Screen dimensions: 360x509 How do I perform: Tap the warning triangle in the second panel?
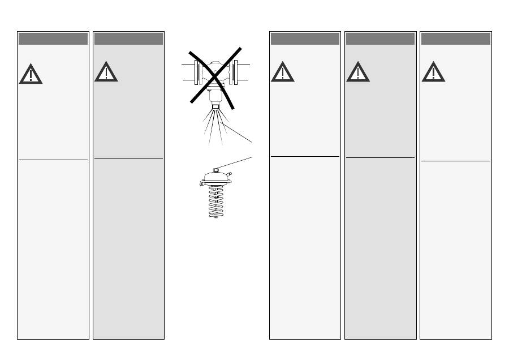click(106, 73)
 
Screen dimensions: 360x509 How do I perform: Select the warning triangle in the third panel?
click(282, 73)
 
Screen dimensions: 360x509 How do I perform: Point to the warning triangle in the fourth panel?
click(357, 73)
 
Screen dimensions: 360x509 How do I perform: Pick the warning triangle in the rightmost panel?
click(433, 73)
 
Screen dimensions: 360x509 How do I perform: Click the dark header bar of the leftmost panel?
click(53, 38)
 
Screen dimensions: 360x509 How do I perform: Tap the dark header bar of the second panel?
click(128, 38)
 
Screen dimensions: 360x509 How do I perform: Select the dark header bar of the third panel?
click(305, 38)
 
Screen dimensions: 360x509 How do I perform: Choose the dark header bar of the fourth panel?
click(380, 38)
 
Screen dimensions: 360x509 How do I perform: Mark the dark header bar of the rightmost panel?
click(455, 38)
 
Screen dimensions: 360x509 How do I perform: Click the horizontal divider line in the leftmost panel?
click(53, 160)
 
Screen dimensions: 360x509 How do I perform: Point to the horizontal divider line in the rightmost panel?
click(455, 161)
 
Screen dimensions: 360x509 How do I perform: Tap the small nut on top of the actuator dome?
click(218, 168)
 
